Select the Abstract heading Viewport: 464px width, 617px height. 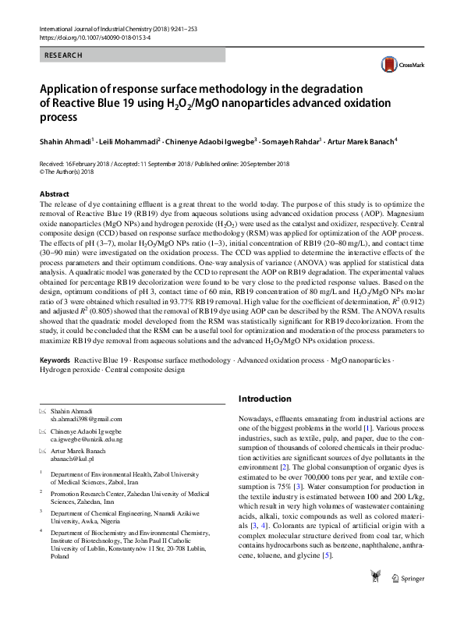pos(54,193)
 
